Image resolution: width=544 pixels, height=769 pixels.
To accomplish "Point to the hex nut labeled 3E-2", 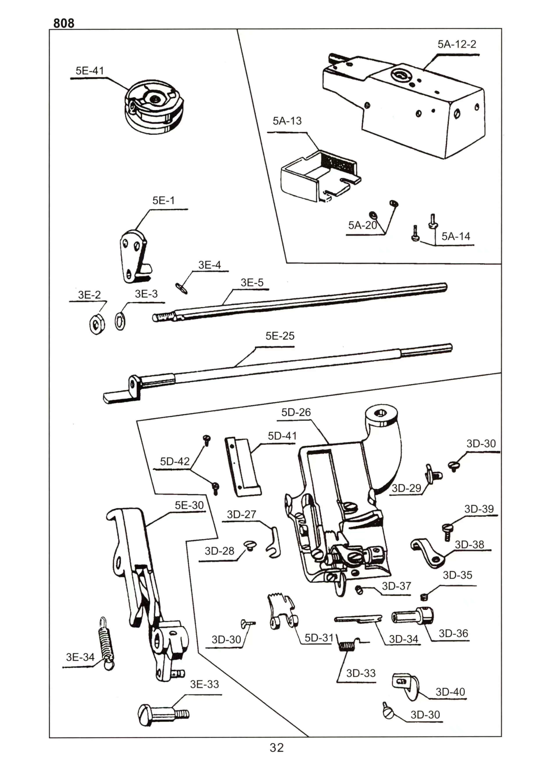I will (x=97, y=324).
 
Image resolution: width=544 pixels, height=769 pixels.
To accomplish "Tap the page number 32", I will (x=277, y=747).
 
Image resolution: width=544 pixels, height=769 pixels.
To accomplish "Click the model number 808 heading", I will (x=64, y=23).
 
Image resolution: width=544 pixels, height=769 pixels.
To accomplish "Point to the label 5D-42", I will (x=175, y=461).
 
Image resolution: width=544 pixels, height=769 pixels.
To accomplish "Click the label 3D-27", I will (x=241, y=514).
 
